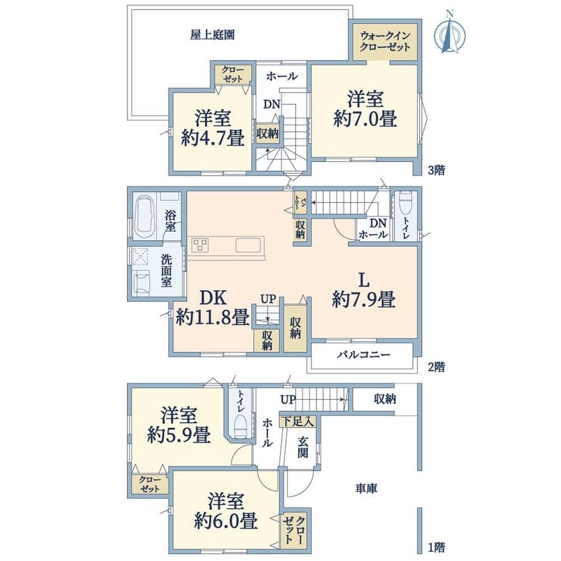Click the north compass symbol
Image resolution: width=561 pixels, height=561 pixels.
click(450, 34)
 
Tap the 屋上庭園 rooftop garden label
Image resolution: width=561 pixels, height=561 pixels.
click(212, 35)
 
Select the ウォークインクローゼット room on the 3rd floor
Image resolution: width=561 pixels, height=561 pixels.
click(385, 42)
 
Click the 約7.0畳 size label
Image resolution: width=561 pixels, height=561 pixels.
click(365, 119)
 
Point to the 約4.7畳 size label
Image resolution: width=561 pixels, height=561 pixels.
click(213, 137)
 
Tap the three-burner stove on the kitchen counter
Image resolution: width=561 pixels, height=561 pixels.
click(200, 245)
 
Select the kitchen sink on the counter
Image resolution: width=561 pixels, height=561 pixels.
click(248, 245)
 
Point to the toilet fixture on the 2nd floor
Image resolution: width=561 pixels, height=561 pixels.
click(406, 203)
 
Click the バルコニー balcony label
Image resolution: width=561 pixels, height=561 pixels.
click(363, 354)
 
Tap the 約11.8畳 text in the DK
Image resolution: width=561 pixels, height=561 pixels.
click(213, 316)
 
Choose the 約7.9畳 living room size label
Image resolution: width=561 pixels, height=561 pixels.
click(364, 299)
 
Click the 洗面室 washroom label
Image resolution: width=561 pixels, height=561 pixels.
click(166, 271)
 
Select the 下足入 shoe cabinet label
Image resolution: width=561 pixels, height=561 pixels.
click(298, 421)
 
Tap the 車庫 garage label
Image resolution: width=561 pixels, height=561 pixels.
click(366, 488)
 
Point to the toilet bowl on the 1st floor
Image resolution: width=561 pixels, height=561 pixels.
click(240, 426)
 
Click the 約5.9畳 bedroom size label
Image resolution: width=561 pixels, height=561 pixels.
click(179, 434)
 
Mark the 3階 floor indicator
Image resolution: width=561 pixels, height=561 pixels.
click(437, 170)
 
